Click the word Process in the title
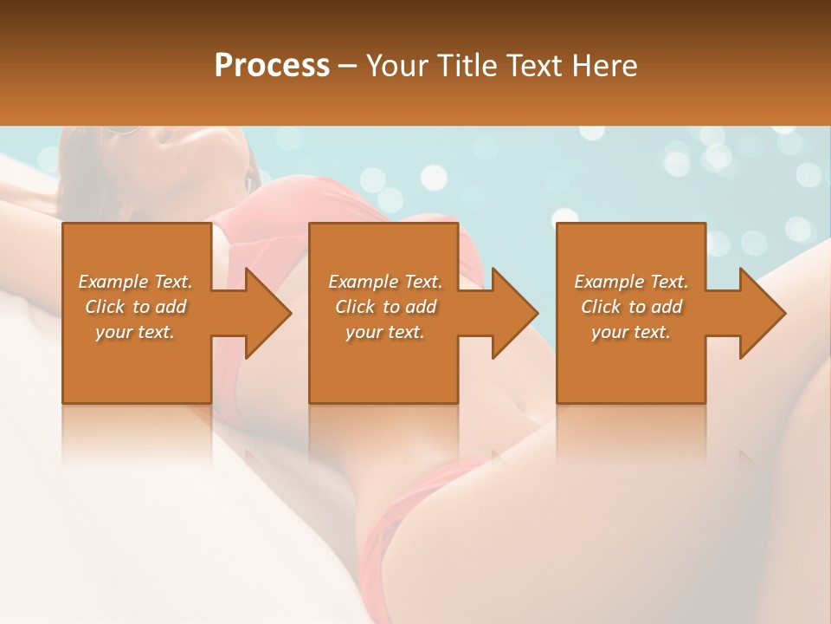point(272,66)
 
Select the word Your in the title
point(399,66)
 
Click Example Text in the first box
point(135,282)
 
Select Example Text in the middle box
point(385,282)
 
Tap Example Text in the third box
point(631,282)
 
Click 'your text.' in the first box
point(135,332)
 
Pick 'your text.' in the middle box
point(385,332)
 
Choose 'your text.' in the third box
point(631,332)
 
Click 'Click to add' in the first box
point(135,307)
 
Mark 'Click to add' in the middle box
point(385,307)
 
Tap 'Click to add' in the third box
point(631,307)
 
